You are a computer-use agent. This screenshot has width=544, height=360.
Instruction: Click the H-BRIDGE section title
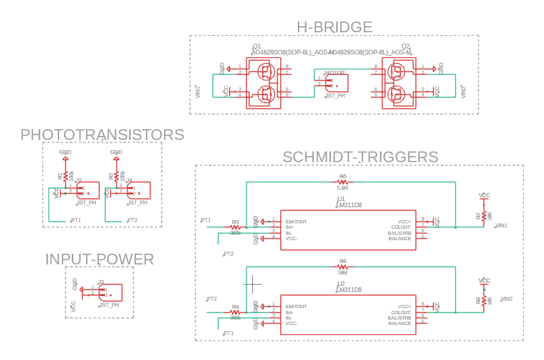pyautogui.click(x=334, y=27)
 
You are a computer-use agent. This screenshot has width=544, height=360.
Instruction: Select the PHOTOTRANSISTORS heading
pyautogui.click(x=102, y=135)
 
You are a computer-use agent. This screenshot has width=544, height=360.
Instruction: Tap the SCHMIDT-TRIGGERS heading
pyautogui.click(x=360, y=157)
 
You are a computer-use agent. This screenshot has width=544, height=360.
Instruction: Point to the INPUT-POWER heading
pyautogui.click(x=100, y=259)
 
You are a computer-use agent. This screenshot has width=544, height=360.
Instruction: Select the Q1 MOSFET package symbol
pyautogui.click(x=264, y=83)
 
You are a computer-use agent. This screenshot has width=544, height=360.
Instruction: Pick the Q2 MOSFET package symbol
pyautogui.click(x=399, y=83)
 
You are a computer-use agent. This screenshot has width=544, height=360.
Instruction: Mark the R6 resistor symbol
pyautogui.click(x=342, y=267)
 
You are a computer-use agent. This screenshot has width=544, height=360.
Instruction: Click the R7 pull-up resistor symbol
pyautogui.click(x=483, y=215)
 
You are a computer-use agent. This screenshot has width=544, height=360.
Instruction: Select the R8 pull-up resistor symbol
pyautogui.click(x=483, y=300)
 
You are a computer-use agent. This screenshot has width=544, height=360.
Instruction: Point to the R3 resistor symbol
pyautogui.click(x=235, y=227)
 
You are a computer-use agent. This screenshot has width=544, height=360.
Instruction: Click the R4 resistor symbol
pyautogui.click(x=235, y=312)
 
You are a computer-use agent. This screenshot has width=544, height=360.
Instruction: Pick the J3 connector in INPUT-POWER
pyautogui.click(x=110, y=293)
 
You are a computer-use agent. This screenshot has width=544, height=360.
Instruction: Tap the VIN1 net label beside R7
pyautogui.click(x=502, y=225)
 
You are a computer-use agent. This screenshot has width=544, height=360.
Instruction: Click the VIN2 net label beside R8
pyautogui.click(x=506, y=299)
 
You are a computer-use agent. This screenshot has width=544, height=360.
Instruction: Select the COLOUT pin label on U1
pyautogui.click(x=401, y=227)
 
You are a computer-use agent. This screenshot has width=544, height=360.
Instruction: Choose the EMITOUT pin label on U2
pyautogui.click(x=296, y=307)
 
